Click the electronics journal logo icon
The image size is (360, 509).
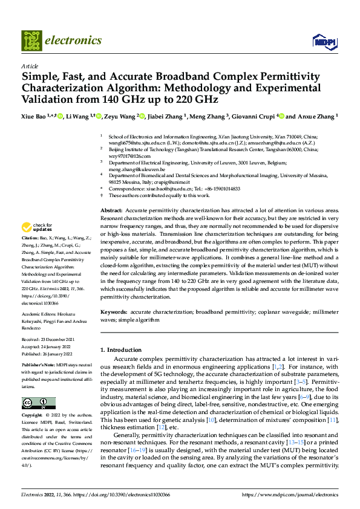[x=31, y=41]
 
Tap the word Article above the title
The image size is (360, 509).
[x=29, y=66]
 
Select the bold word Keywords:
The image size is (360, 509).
[x=114, y=313]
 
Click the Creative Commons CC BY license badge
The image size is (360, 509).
[x=39, y=403]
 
